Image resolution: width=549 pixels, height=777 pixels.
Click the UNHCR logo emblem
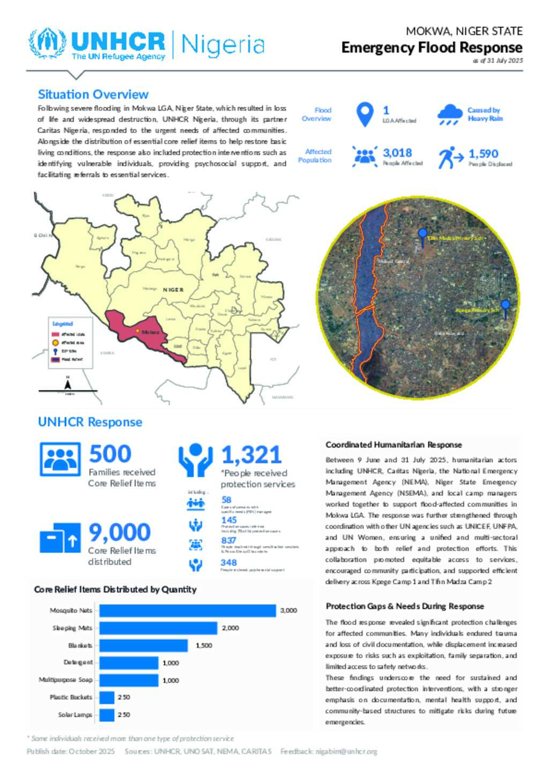[x=48, y=43]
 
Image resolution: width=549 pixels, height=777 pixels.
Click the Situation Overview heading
[x=93, y=94]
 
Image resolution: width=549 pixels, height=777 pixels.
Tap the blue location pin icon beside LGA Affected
[x=365, y=114]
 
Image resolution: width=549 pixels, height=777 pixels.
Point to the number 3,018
[x=397, y=153]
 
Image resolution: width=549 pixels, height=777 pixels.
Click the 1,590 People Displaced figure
[x=483, y=154]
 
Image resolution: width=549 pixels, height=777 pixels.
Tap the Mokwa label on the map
[x=150, y=332]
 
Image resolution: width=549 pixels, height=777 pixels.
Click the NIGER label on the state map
[x=173, y=290]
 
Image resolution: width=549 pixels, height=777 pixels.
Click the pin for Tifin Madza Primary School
[x=422, y=235]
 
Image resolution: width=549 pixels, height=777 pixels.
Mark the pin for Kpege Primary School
[x=505, y=308]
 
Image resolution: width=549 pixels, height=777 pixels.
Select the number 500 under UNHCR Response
[x=110, y=454]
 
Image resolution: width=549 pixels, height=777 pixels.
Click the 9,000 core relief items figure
[x=119, y=532]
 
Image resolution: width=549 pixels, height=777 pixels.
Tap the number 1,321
[x=251, y=455]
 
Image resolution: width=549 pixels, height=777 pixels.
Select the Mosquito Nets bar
[x=188, y=610]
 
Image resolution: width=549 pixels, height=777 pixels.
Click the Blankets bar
[x=143, y=645]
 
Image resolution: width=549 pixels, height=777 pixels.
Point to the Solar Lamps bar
[x=107, y=715]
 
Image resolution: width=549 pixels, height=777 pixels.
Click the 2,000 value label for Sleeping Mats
[x=231, y=628]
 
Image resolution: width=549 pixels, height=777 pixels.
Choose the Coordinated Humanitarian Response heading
[x=394, y=445]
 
